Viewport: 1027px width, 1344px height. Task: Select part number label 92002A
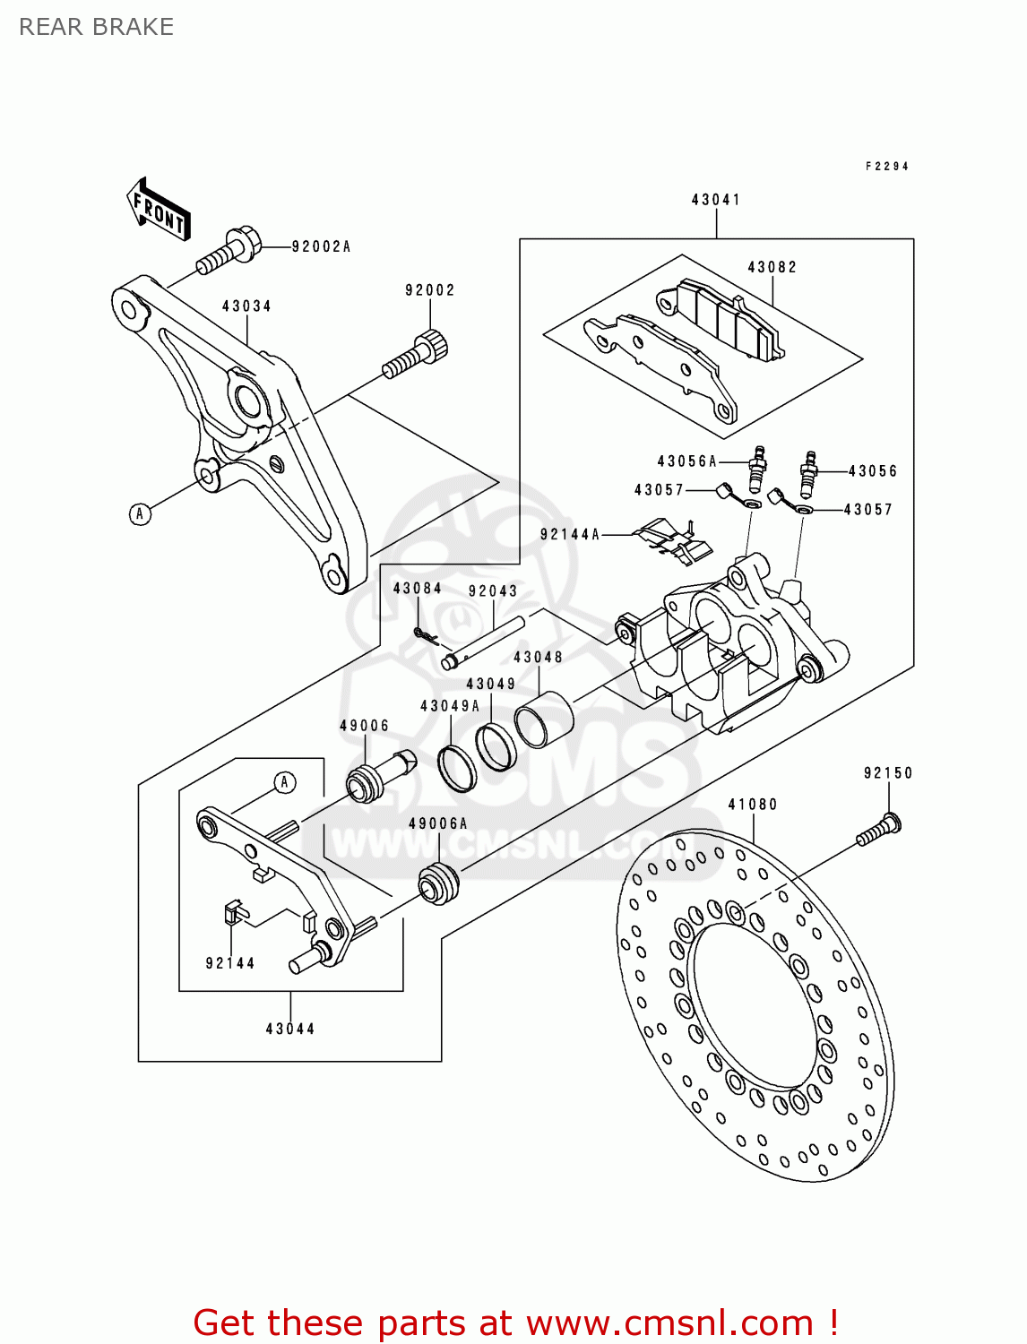tap(321, 246)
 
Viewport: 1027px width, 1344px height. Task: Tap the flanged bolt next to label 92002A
tap(229, 251)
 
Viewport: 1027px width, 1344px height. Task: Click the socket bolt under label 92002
tap(417, 354)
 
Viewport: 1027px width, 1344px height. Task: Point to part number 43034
tap(246, 306)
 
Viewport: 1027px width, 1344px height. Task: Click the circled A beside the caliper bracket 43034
tap(139, 513)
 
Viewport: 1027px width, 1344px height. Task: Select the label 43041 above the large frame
tap(715, 200)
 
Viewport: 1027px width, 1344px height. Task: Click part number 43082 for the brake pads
tap(772, 267)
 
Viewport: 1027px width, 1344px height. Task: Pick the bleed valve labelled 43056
tap(809, 473)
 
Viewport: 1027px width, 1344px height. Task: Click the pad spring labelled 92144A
tap(672, 541)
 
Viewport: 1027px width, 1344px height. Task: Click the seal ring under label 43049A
tap(457, 768)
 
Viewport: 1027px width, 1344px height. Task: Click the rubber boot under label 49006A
tap(438, 883)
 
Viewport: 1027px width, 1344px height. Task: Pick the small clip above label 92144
tap(234, 913)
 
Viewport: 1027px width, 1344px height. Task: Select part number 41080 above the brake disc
tap(752, 805)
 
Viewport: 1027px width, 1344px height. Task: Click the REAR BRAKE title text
tap(96, 27)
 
